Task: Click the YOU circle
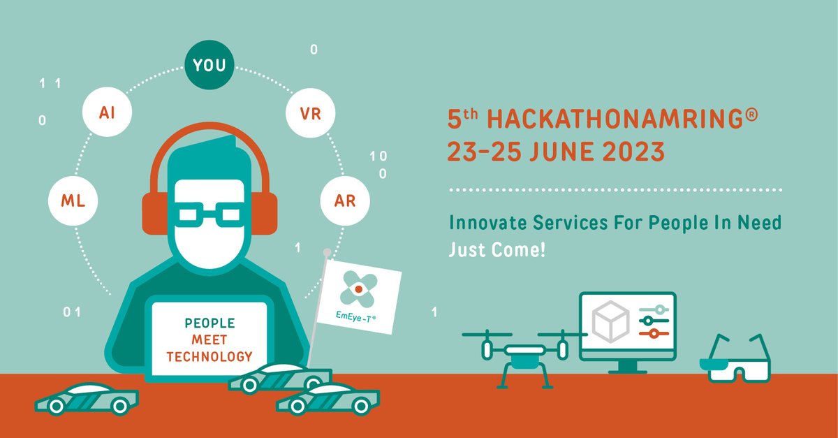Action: (209, 65)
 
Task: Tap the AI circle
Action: (107, 112)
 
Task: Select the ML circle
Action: (71, 201)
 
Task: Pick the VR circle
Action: (311, 112)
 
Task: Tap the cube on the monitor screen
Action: (608, 321)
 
